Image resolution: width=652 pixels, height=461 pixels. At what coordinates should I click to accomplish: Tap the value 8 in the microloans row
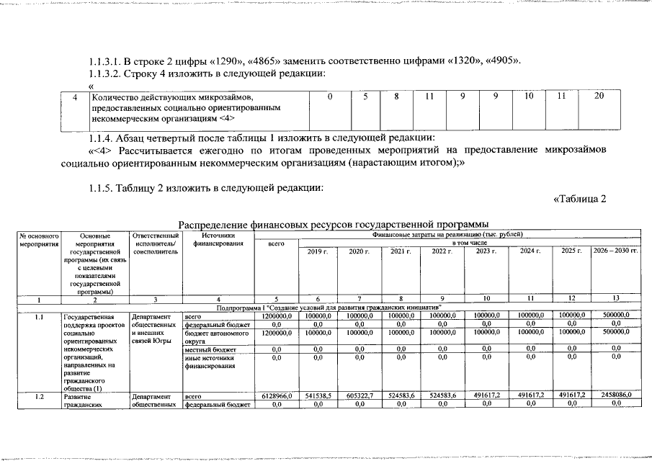(396, 97)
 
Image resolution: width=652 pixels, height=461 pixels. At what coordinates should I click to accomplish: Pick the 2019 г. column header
(318, 251)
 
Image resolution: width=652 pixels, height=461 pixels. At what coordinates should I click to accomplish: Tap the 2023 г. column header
(486, 251)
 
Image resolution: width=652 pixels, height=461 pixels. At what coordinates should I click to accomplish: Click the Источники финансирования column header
(217, 239)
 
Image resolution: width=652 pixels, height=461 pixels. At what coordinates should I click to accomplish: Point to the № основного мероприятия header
(38, 239)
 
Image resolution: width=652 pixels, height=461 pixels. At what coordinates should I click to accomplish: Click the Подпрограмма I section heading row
(329, 308)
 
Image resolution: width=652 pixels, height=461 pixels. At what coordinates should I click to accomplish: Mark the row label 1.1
(38, 315)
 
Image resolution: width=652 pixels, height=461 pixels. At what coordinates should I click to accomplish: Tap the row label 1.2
(38, 395)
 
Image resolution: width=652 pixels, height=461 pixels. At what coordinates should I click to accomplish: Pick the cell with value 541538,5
(318, 395)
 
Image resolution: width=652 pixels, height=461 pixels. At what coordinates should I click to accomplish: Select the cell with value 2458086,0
(615, 395)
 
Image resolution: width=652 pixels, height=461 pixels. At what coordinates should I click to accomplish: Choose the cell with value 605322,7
(359, 395)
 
